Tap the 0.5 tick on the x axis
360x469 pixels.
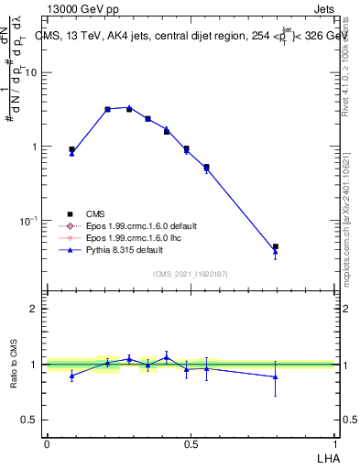(x=191, y=444)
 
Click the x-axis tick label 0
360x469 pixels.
(x=47, y=444)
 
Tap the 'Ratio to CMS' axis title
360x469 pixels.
(x=13, y=364)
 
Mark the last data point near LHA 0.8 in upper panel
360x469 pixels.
(x=275, y=247)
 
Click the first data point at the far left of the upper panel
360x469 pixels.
(x=71, y=150)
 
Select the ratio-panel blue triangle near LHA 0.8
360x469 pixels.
(x=275, y=376)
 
